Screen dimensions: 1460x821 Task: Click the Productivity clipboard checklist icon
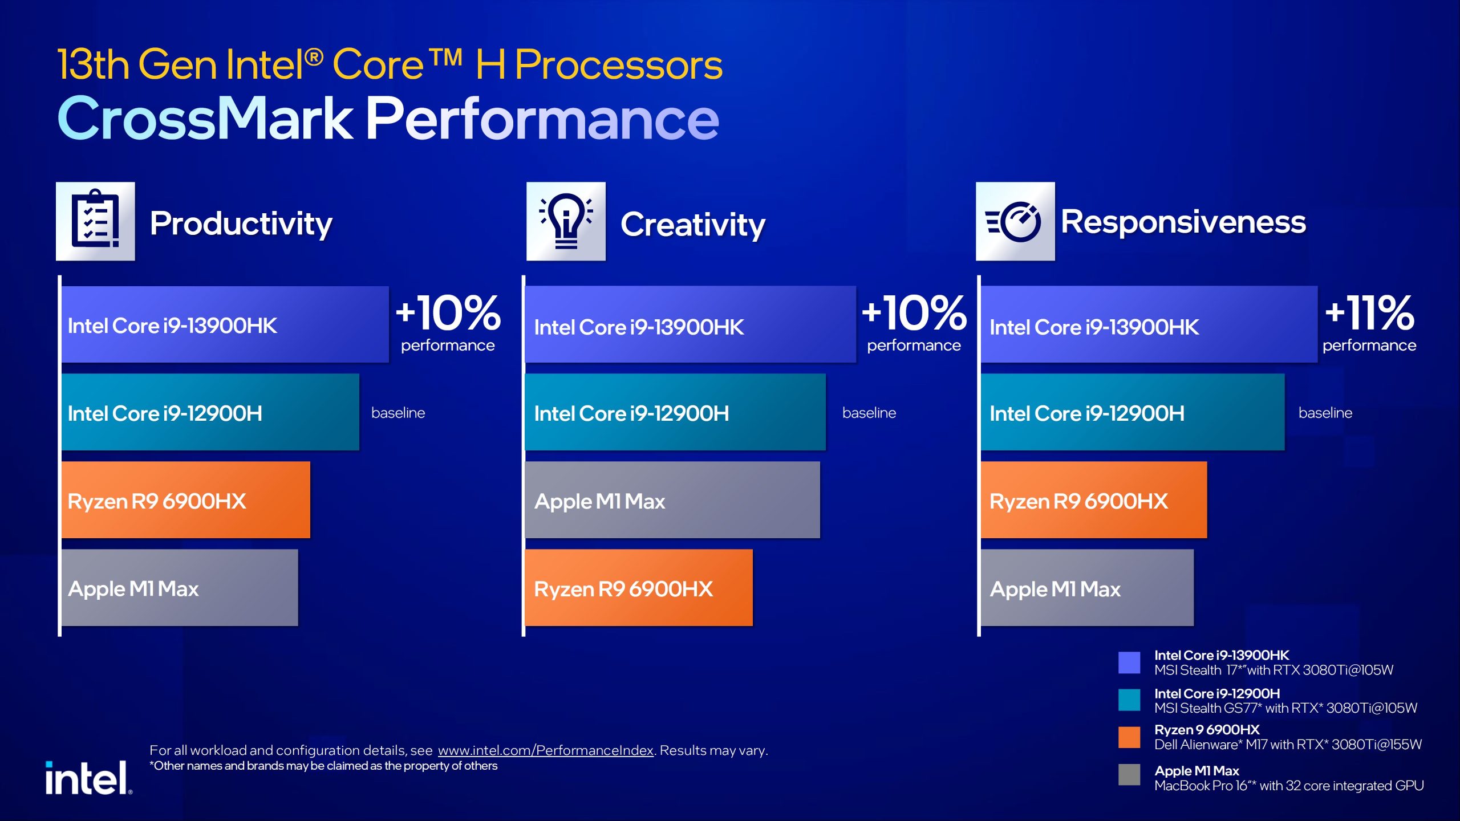95,221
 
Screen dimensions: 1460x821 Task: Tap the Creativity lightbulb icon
566,221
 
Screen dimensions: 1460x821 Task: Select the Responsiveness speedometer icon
1015,221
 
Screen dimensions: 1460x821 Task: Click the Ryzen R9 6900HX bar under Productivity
186,500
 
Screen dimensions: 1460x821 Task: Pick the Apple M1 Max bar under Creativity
672,500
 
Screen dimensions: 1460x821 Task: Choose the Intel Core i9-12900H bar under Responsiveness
1133,412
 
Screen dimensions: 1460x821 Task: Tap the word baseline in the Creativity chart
869,413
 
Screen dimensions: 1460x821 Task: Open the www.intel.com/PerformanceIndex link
546,750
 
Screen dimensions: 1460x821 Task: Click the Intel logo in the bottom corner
89,778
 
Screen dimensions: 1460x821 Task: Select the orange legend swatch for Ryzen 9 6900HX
1129,737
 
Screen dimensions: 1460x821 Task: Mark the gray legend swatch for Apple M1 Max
1129,775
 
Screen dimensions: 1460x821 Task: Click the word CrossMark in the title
205,118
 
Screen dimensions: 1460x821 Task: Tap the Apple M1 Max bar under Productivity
180,588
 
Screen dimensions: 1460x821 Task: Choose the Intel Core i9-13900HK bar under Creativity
691,324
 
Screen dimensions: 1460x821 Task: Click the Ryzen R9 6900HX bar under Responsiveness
1094,500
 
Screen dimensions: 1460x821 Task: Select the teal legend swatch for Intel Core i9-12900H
1129,700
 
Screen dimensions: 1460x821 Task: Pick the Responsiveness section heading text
1183,222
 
